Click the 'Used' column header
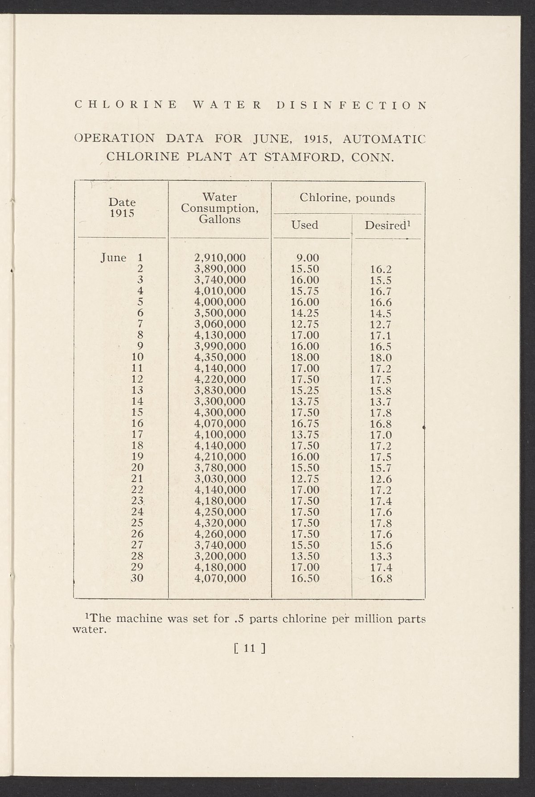[305, 225]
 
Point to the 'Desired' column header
[387, 225]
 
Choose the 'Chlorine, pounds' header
[347, 198]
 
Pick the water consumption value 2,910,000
[220, 257]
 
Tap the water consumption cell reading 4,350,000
[220, 357]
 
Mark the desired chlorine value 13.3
[381, 556]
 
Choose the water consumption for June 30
[220, 578]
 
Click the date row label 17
[137, 434]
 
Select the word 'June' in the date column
[114, 257]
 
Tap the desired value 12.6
[381, 479]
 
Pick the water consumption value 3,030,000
[220, 479]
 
